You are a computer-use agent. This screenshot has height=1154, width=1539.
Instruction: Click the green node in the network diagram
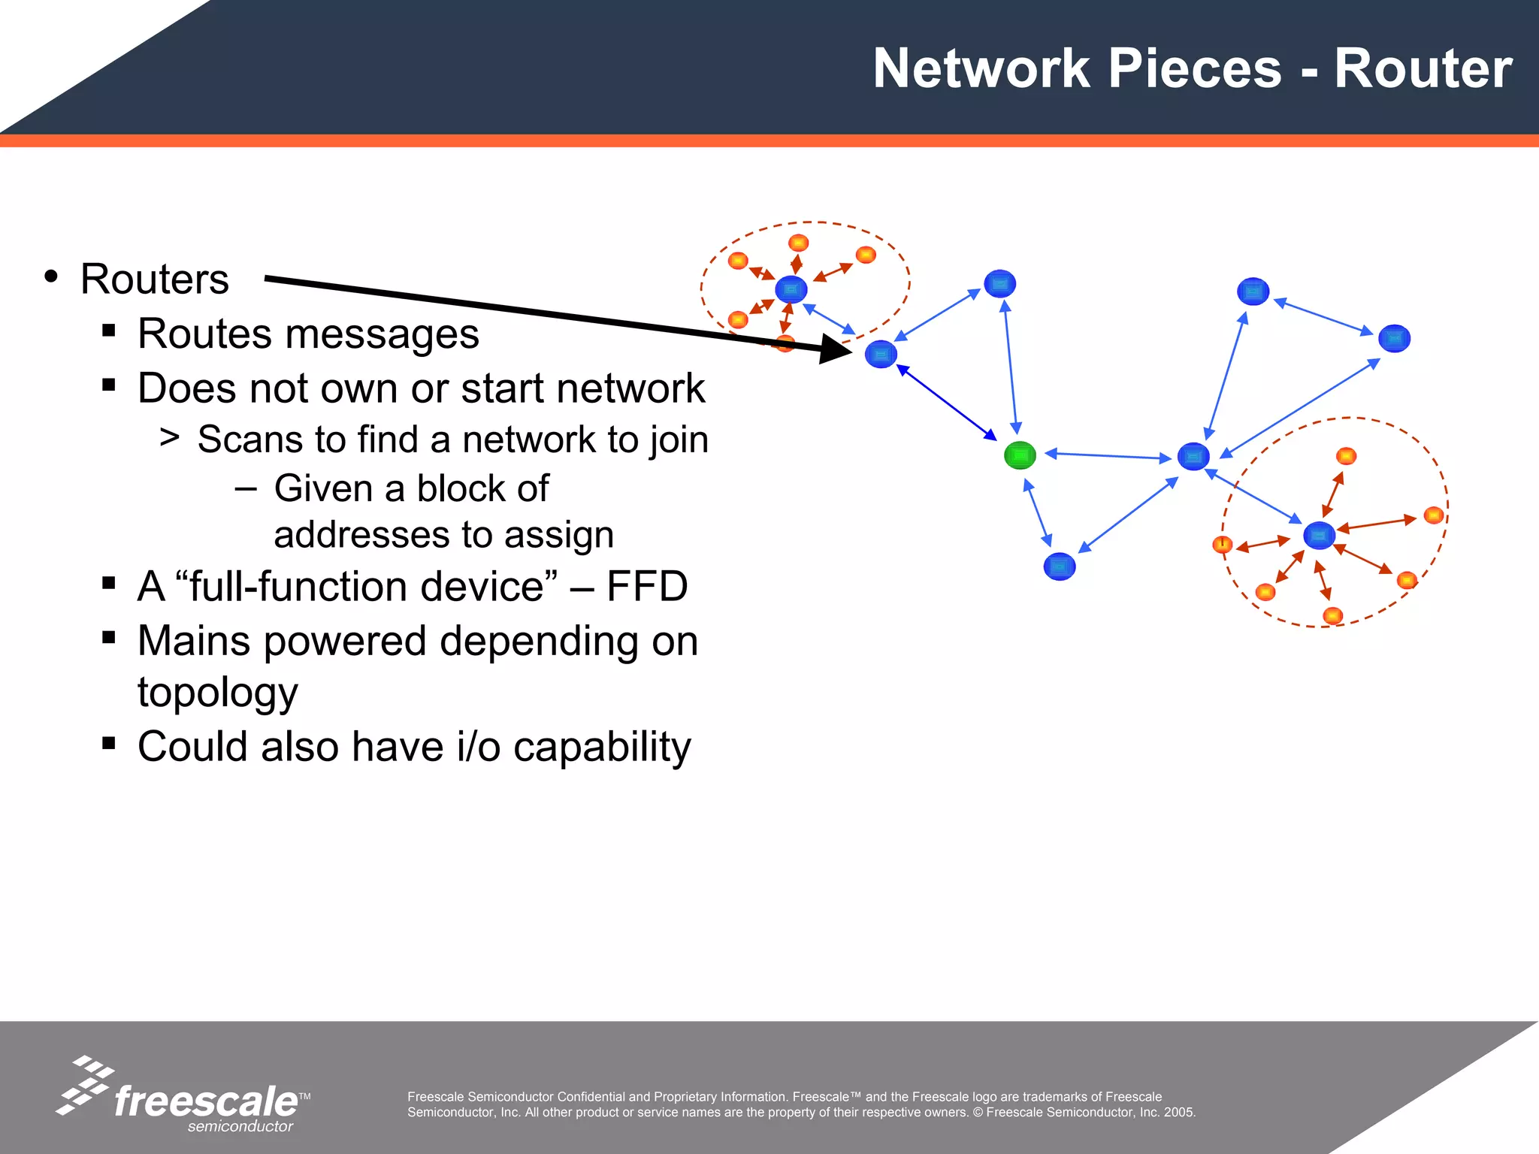click(x=1020, y=455)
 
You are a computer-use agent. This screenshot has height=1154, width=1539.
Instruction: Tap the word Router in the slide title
click(x=1423, y=69)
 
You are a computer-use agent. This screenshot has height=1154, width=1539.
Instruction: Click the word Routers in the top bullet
click(x=154, y=279)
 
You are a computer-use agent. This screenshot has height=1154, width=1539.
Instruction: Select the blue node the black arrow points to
click(x=881, y=354)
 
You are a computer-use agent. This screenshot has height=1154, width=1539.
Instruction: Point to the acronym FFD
click(x=647, y=587)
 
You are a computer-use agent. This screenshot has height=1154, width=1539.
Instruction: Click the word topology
click(x=218, y=693)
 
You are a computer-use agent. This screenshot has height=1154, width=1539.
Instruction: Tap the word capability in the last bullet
click(x=602, y=747)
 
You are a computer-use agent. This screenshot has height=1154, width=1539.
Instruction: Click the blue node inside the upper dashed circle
click(x=791, y=289)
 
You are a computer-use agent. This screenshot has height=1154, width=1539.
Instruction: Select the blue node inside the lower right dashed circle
click(x=1319, y=536)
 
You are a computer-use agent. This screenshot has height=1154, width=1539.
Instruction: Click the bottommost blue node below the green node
click(x=1060, y=566)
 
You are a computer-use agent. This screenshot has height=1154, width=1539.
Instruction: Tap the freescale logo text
click(x=206, y=1102)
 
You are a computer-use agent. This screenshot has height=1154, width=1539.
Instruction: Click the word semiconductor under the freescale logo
click(x=240, y=1126)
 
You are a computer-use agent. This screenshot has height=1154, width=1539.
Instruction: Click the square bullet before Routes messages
click(x=109, y=330)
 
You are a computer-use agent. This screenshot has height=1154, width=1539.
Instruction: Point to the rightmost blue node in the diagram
click(x=1394, y=339)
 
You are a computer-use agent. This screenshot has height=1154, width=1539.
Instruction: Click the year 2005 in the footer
click(x=1178, y=1113)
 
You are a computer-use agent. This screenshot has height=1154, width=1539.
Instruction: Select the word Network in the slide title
click(x=981, y=69)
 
